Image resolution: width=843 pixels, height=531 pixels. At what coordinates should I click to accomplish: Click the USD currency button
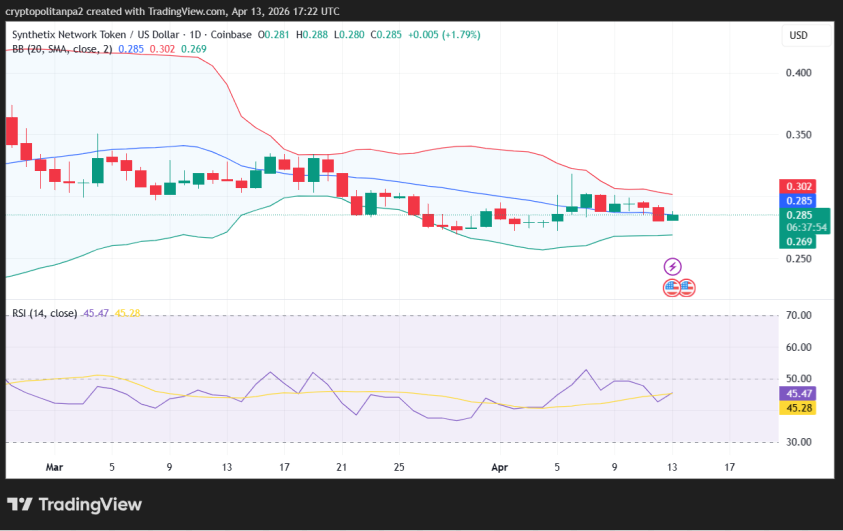[x=798, y=35]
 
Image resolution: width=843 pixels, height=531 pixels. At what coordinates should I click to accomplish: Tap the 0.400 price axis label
[x=798, y=73]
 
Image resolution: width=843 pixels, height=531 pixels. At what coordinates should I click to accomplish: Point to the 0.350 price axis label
[x=798, y=135]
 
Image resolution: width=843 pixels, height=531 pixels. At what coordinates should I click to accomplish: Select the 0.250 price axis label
[x=798, y=259]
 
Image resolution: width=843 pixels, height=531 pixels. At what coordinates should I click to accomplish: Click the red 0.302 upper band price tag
[x=799, y=186]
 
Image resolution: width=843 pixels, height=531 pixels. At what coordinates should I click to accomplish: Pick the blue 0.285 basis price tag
[x=799, y=200]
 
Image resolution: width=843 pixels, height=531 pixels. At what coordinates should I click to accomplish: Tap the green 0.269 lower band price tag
[x=799, y=241]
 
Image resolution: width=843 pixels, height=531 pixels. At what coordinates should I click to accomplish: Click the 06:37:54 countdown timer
[x=807, y=227]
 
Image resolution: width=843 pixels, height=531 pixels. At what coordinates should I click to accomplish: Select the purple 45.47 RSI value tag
[x=799, y=394]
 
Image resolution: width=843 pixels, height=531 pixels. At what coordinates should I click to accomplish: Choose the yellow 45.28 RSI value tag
[x=799, y=408]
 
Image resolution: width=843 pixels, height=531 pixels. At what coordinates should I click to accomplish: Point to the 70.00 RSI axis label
[x=798, y=316]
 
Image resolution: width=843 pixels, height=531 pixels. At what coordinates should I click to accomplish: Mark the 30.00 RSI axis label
[x=798, y=442]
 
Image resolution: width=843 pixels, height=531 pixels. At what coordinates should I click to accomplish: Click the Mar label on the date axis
[x=54, y=467]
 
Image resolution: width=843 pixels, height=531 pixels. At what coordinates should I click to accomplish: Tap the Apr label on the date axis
[x=500, y=467]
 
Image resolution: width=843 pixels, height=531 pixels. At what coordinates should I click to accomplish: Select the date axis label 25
[x=399, y=467]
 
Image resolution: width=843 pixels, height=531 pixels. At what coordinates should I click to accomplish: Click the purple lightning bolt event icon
[x=673, y=266]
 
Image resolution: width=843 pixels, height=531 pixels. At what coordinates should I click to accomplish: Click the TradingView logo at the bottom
[x=75, y=505]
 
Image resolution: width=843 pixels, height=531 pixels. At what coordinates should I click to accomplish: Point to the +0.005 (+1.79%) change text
[x=444, y=34]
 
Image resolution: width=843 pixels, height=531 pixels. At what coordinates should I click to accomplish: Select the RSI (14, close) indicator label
[x=44, y=314]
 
